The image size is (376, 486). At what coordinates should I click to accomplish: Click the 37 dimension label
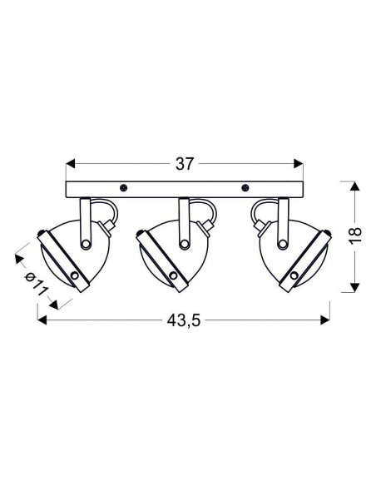click(185, 164)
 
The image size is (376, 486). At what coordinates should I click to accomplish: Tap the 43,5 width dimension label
click(184, 320)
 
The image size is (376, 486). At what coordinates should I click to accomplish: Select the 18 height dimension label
click(355, 236)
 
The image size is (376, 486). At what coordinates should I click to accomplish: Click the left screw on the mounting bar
click(124, 187)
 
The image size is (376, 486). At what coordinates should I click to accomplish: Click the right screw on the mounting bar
click(245, 187)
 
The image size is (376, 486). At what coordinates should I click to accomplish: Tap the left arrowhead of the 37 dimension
click(71, 164)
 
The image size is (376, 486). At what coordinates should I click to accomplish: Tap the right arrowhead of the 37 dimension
click(299, 164)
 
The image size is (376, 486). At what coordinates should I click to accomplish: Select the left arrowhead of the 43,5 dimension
click(42, 320)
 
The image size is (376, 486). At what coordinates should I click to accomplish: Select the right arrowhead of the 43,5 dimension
click(325, 320)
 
